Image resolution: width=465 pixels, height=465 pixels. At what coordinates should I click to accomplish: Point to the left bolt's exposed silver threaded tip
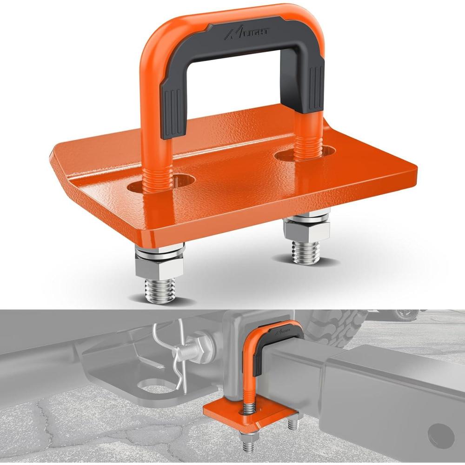click(x=159, y=290)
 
